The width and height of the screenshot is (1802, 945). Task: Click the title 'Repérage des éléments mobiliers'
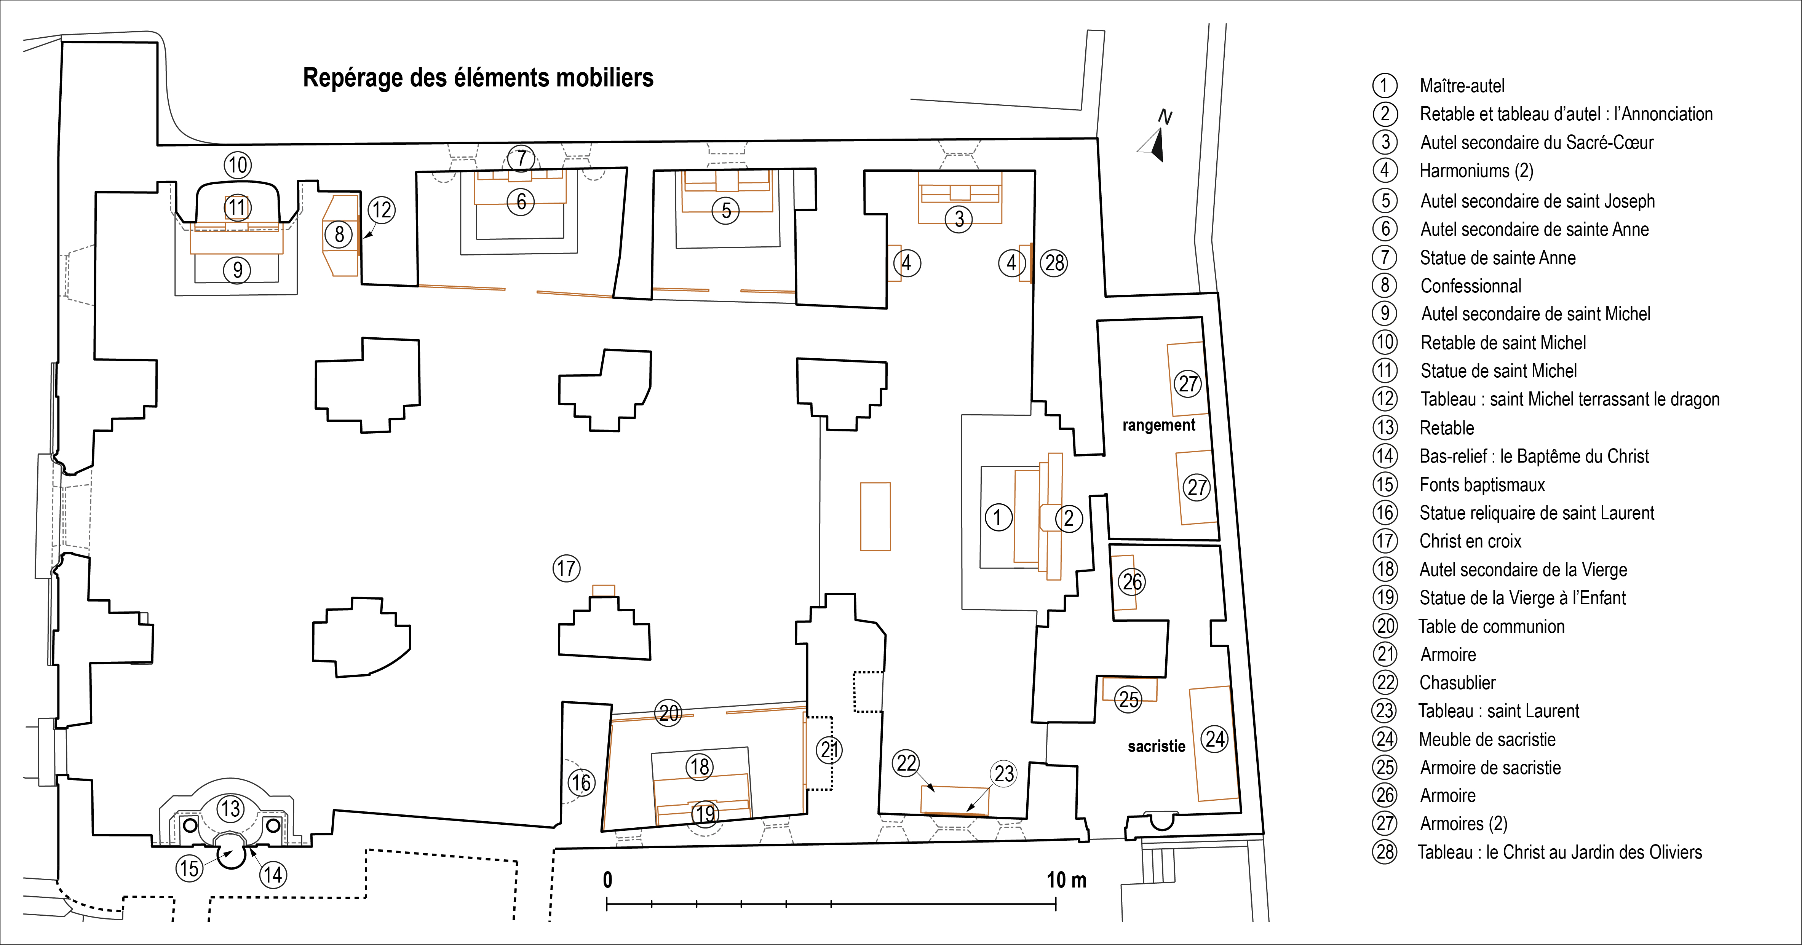click(x=478, y=78)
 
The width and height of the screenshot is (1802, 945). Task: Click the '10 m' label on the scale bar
click(x=1066, y=880)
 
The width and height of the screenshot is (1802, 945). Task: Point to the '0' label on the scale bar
click(x=607, y=880)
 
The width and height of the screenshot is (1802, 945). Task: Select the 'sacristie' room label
click(x=1156, y=746)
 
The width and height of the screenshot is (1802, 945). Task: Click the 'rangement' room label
click(x=1158, y=425)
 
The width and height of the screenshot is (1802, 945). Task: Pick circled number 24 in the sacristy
click(x=1215, y=739)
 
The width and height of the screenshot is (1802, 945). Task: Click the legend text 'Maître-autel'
click(x=1462, y=86)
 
